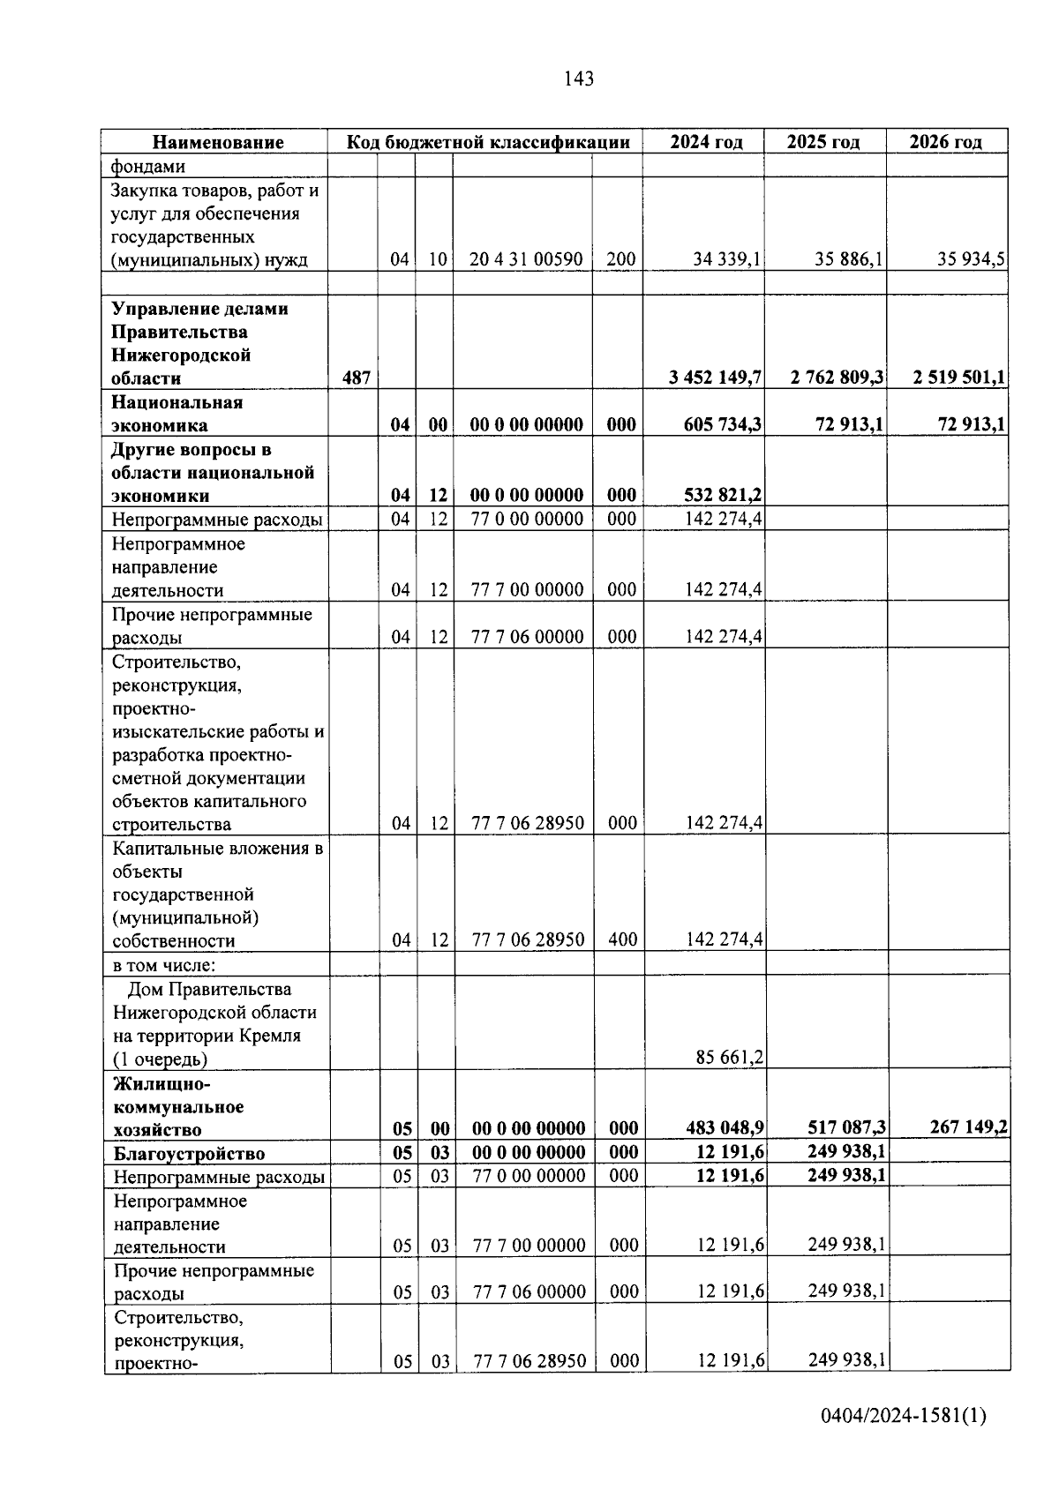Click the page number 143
click(x=578, y=79)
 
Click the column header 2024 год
click(x=705, y=142)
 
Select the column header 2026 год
click(x=945, y=142)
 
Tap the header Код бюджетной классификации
click(x=487, y=142)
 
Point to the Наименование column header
click(x=218, y=142)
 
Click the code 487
click(x=356, y=378)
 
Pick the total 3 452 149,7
click(x=715, y=378)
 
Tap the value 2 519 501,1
click(x=959, y=378)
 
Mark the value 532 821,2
click(x=723, y=495)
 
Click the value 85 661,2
click(x=729, y=1058)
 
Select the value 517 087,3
click(x=846, y=1128)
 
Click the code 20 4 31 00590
click(x=526, y=259)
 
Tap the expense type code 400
click(x=622, y=940)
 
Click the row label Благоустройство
click(x=189, y=1154)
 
